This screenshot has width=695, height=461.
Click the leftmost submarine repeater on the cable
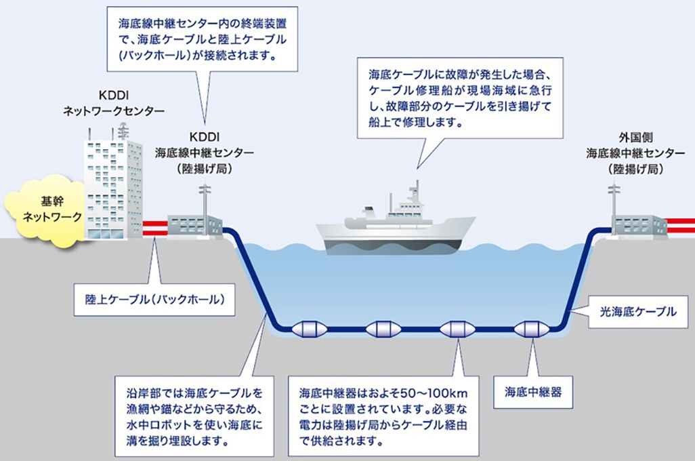click(x=310, y=330)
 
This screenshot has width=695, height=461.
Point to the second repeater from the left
click(x=384, y=330)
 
